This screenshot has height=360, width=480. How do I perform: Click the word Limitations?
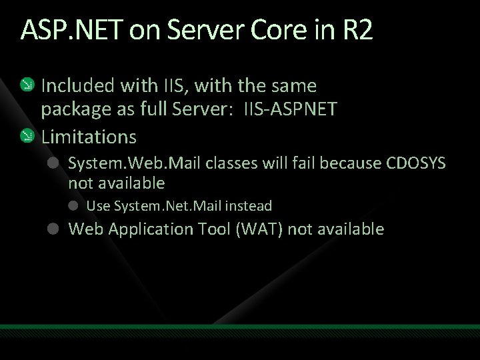click(x=89, y=137)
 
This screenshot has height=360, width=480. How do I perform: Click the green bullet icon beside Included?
click(x=26, y=85)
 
